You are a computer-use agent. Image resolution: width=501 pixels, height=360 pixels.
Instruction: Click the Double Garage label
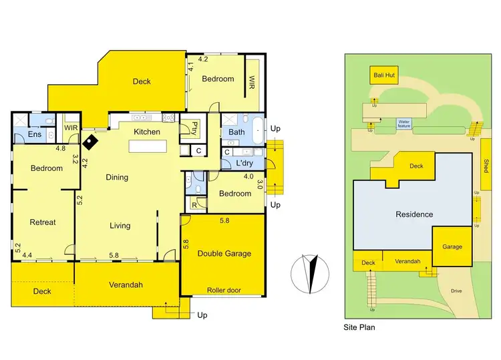[224, 253]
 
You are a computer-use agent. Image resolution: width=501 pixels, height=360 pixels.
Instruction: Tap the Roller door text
[224, 290]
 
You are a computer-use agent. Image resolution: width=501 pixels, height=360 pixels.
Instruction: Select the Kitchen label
[147, 132]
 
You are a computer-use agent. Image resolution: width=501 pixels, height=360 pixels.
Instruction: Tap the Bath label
[236, 132]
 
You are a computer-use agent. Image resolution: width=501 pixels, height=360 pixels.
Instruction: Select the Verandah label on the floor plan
[126, 285]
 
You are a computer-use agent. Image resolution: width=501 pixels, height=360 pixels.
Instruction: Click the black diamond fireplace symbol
[88, 141]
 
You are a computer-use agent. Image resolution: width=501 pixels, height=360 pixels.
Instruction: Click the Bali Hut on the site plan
[385, 75]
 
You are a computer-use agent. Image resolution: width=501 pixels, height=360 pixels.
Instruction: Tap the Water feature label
[405, 124]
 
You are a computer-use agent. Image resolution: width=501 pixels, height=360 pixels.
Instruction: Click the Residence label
[414, 214]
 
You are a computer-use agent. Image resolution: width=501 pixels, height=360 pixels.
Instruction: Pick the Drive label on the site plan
[456, 291]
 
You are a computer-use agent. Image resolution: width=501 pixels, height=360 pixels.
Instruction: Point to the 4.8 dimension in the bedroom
[60, 148]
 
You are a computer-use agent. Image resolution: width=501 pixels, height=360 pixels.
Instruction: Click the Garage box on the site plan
[452, 246]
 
